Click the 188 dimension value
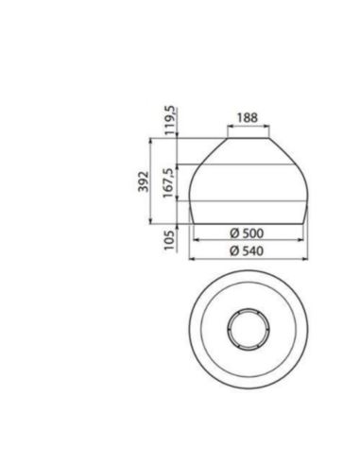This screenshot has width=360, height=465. [247, 117]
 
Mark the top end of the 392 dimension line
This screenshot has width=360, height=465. [151, 138]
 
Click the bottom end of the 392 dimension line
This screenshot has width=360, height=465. [151, 224]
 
